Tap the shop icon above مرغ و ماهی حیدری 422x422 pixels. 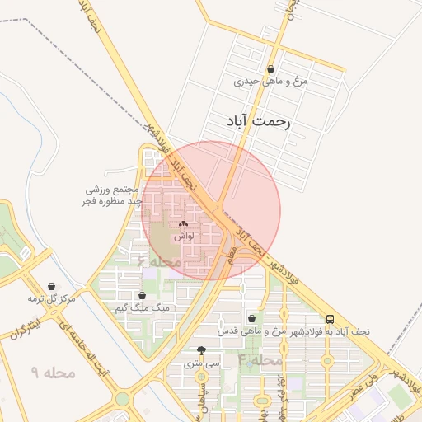tap(271, 68)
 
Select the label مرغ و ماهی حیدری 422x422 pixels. tap(271, 82)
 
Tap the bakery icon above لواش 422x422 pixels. tap(183, 223)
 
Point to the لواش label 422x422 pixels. tap(183, 237)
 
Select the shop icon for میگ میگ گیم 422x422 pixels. tap(143, 295)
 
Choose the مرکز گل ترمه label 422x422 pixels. tap(52, 298)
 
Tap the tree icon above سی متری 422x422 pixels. tap(202, 349)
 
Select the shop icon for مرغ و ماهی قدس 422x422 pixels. tap(251, 318)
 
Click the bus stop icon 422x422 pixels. tap(331, 318)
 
